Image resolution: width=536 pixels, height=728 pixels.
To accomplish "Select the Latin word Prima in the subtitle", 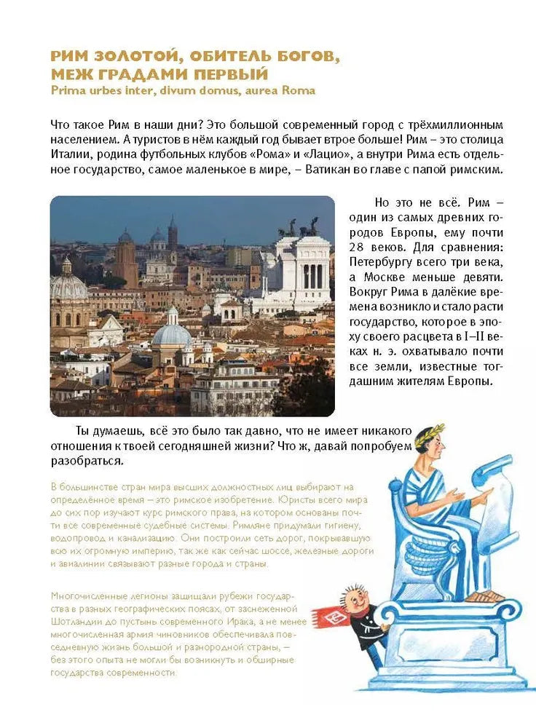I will point(66,90).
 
